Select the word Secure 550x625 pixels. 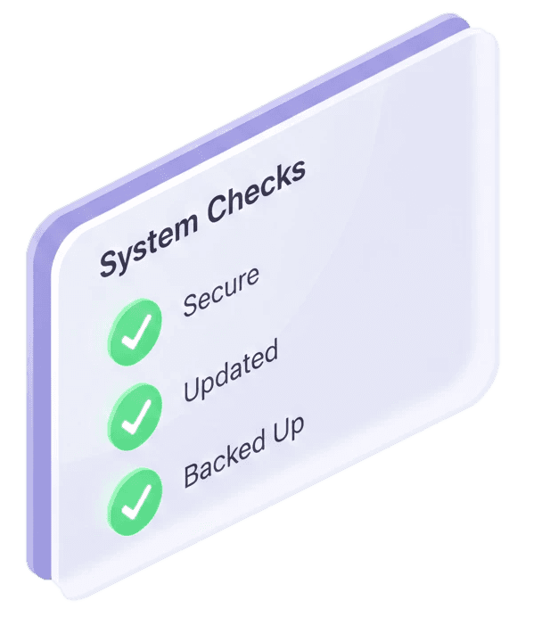[221, 290]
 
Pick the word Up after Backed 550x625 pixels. [288, 429]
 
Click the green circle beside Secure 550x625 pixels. [135, 331]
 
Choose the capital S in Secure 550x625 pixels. [190, 303]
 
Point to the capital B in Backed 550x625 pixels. [192, 473]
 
